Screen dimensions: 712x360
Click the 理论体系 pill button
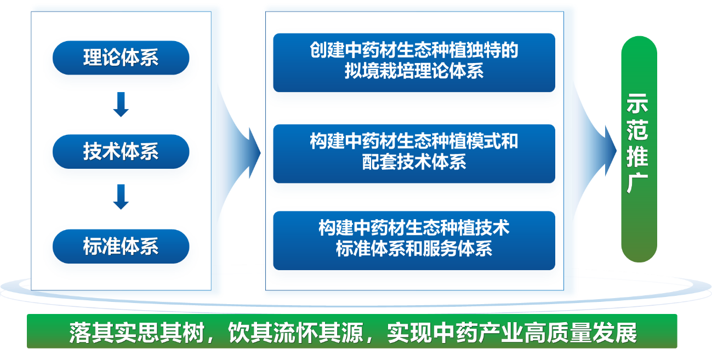point(121,58)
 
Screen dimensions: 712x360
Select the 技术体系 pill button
point(121,152)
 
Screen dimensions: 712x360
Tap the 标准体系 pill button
point(121,246)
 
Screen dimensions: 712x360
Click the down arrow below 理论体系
point(121,105)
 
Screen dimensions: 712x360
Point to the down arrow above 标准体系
point(121,197)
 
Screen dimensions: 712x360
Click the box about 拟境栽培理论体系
point(414,62)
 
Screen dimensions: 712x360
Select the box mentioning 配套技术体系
point(414,154)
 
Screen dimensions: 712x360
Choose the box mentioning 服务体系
point(414,241)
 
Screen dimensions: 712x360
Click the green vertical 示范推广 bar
point(639,149)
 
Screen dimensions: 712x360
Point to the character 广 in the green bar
point(637,182)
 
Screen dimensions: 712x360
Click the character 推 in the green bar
point(637,156)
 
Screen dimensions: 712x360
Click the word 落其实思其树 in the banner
point(136,333)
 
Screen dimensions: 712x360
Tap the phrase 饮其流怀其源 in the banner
point(296,333)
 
